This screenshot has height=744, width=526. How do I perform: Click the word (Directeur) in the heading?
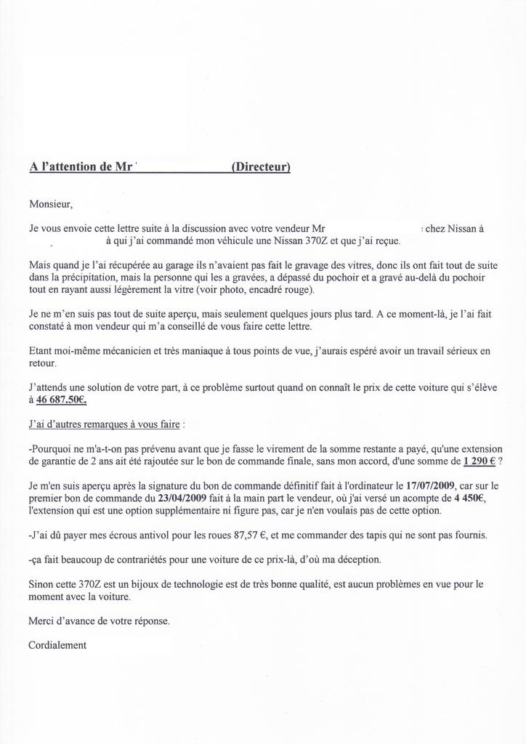tap(260, 166)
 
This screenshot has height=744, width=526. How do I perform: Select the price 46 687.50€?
tap(62, 400)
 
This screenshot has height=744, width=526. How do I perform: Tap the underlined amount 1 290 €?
tap(479, 461)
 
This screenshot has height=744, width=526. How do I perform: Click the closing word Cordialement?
tap(57, 645)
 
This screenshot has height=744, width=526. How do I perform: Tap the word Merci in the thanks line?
tap(41, 621)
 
